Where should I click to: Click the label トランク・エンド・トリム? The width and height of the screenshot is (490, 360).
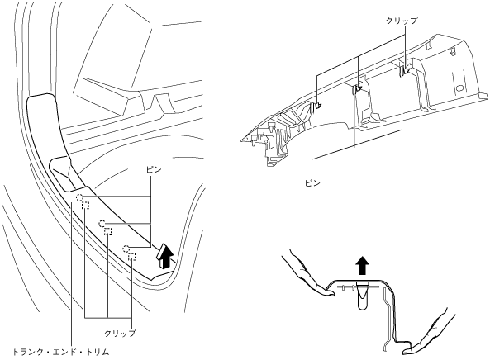[60, 353]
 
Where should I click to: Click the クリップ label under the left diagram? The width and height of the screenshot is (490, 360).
[121, 333]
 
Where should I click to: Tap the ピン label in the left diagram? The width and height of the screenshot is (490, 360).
[154, 169]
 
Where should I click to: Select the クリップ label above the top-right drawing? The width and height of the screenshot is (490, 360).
[402, 21]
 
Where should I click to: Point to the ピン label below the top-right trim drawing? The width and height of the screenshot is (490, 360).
[312, 183]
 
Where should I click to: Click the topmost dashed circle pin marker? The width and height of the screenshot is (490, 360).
[79, 197]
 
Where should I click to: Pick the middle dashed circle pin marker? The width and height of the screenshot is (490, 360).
[102, 224]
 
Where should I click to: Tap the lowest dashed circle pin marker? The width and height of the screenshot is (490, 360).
[126, 249]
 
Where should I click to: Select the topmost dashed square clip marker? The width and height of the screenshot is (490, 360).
[86, 205]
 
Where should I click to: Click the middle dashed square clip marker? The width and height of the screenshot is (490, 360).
[107, 231]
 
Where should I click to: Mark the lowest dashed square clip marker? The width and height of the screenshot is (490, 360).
[132, 256]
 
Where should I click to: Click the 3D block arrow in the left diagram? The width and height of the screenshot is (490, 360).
[164, 255]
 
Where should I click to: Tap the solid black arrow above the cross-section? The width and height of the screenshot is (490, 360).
[363, 265]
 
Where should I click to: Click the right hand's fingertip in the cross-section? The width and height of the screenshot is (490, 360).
[407, 351]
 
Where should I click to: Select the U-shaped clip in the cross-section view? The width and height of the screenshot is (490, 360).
[363, 295]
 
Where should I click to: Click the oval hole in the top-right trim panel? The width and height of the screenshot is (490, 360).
[460, 88]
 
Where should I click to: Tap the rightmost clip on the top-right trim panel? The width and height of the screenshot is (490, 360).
[405, 70]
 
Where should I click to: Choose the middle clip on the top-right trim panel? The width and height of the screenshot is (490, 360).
[357, 90]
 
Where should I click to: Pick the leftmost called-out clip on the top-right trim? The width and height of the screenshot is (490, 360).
[316, 107]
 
